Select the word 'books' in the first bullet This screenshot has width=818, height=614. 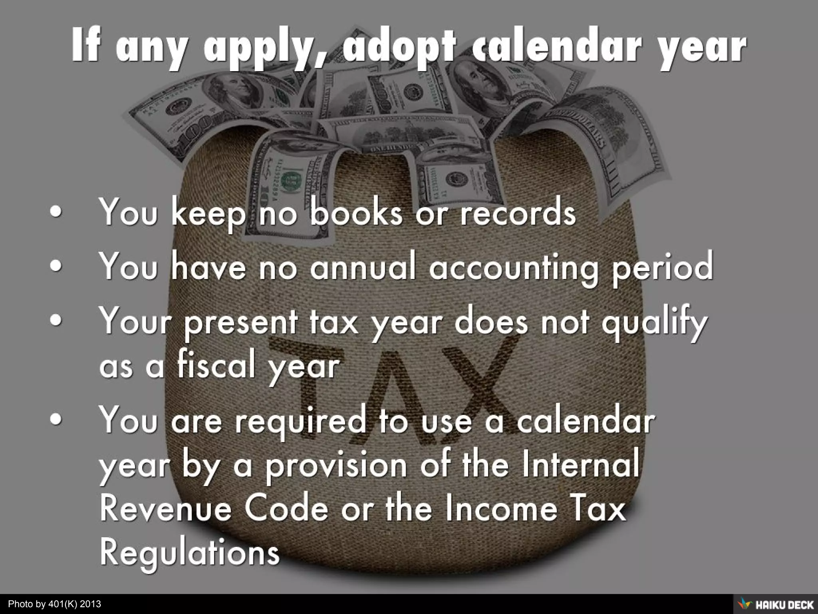[356, 212]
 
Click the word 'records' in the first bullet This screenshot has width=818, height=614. [518, 212]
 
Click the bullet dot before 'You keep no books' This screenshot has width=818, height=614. [56, 213]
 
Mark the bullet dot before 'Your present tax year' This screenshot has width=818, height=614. [56, 320]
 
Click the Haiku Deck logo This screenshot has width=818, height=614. [775, 604]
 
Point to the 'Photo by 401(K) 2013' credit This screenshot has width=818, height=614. [55, 604]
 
